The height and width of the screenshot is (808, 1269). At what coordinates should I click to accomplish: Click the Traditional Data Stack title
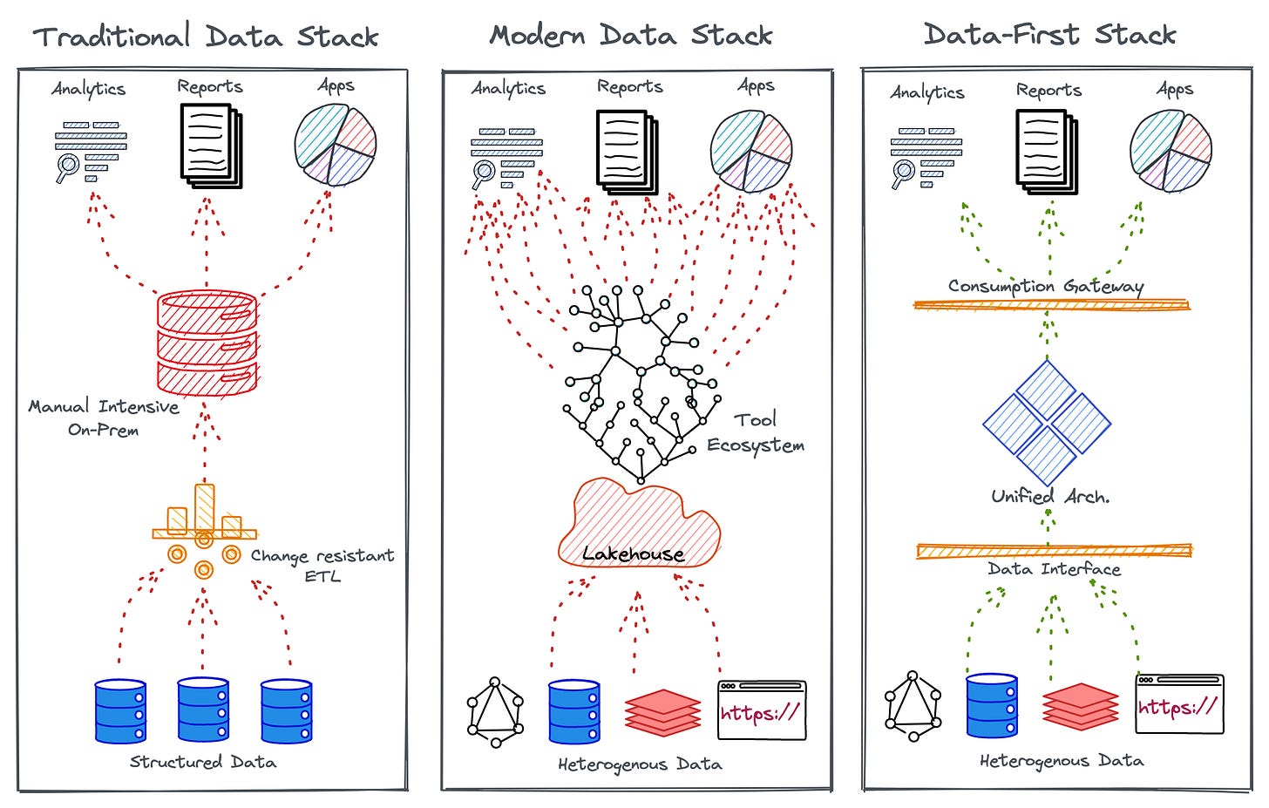(206, 37)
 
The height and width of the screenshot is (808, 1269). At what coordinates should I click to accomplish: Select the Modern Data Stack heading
(631, 36)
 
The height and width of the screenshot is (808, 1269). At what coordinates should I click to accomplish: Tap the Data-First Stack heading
(1049, 35)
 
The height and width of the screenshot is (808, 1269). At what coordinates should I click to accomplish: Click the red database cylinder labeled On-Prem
(207, 343)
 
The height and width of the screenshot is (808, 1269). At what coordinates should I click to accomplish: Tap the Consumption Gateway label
(1046, 286)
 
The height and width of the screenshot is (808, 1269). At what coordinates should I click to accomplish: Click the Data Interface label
(1054, 569)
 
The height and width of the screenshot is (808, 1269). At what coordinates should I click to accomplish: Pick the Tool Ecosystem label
(755, 432)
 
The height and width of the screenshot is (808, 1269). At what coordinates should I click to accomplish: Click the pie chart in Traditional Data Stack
(335, 145)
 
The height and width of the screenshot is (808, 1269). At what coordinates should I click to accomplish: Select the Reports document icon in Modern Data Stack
(627, 151)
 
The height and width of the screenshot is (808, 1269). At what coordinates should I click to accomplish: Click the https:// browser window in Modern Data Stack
(762, 710)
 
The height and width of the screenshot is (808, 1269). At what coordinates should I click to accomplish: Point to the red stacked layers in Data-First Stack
(1081, 705)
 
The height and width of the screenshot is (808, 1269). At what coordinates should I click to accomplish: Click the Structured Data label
(203, 762)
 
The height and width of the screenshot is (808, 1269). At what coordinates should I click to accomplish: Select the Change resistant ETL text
(322, 565)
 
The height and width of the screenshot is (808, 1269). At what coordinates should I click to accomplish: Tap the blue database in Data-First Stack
(992, 705)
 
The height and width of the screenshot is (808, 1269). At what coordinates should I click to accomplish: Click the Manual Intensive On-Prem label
(104, 418)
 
